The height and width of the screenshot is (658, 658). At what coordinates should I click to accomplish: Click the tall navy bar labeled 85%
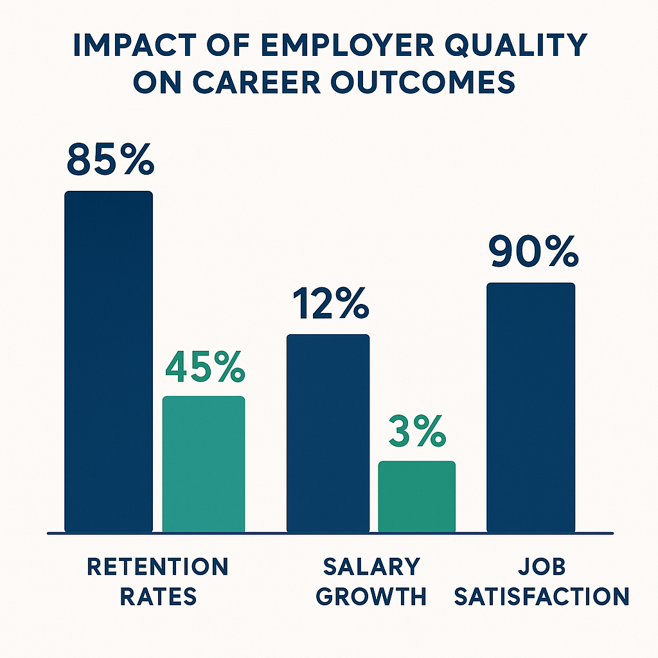tap(109, 362)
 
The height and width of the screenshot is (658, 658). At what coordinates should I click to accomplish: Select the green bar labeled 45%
tap(204, 464)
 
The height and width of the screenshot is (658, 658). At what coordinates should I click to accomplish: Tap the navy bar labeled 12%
tap(328, 433)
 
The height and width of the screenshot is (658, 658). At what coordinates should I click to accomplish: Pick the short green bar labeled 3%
tap(416, 496)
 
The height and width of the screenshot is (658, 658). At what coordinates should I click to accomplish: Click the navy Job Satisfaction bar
tap(531, 407)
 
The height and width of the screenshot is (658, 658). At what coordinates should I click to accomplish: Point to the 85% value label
tap(109, 161)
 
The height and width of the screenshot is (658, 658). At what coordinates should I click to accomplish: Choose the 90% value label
tap(532, 253)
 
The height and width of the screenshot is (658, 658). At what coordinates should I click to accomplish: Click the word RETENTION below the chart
tap(157, 567)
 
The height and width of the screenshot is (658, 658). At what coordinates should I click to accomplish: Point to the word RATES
tap(157, 597)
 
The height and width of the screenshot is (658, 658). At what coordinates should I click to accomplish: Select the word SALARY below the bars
tap(371, 567)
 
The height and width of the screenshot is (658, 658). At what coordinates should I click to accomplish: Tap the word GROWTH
tap(371, 597)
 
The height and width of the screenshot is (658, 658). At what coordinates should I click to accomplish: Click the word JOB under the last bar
tap(540, 567)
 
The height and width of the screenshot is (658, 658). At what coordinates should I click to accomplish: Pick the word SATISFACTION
tap(540, 597)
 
